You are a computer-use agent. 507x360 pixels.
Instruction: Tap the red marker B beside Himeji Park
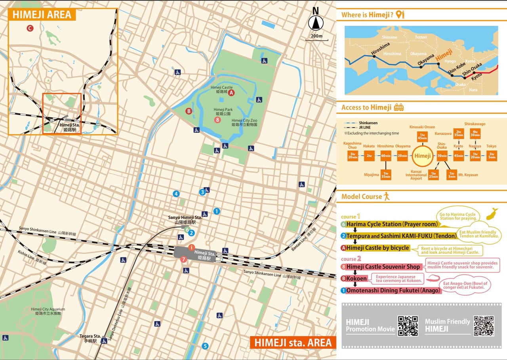(x=189, y=111)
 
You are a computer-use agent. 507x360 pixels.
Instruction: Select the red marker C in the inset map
(x=30, y=28)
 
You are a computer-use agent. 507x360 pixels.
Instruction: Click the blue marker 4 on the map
(x=176, y=194)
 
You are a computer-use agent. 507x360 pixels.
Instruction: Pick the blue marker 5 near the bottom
(x=205, y=346)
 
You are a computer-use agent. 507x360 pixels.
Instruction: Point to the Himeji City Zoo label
(x=244, y=122)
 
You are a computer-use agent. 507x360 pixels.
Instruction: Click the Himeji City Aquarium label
(x=48, y=311)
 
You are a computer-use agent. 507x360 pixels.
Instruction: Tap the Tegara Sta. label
(x=88, y=338)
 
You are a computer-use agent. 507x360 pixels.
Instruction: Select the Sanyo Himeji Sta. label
(x=185, y=220)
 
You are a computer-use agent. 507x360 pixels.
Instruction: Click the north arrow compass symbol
(x=316, y=23)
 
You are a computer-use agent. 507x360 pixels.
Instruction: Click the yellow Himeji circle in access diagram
(x=422, y=156)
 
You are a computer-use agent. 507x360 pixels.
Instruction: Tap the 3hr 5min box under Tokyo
(x=491, y=156)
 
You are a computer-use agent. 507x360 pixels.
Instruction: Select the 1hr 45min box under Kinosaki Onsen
(x=422, y=137)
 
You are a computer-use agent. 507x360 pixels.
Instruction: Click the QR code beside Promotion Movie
(x=408, y=326)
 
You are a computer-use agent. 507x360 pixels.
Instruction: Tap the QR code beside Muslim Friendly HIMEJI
(x=484, y=326)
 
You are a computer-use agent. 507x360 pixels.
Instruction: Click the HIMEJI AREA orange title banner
(x=42, y=15)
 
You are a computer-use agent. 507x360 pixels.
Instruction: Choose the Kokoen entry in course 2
(x=356, y=279)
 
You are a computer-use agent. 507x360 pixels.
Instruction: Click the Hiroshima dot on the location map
(x=374, y=56)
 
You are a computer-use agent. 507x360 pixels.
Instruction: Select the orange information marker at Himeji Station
(x=191, y=247)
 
